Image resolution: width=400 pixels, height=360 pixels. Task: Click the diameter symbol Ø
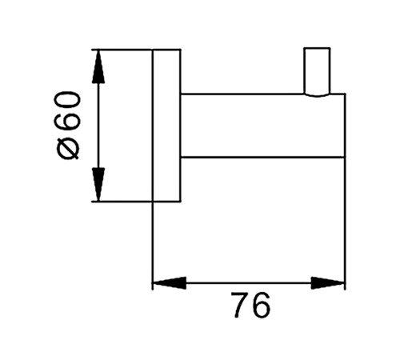[67, 148]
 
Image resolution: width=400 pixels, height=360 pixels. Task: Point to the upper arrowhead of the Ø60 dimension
[98, 66]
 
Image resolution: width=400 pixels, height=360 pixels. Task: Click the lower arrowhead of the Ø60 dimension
[98, 185]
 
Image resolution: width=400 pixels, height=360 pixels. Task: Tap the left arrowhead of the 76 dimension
[170, 283]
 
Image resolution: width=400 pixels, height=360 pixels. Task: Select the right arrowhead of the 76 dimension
[327, 283]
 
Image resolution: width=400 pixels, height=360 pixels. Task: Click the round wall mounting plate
[166, 126]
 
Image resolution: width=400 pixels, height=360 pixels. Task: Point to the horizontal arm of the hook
[262, 126]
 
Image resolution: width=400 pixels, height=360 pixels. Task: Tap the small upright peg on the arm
[317, 71]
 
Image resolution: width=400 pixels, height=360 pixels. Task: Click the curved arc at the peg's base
[317, 95]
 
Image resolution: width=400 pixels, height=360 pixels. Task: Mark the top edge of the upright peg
[317, 48]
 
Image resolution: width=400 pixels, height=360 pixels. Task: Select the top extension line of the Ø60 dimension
[122, 50]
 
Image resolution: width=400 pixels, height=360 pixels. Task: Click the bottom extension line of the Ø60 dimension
[122, 202]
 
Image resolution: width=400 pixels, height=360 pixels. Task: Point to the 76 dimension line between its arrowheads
[249, 283]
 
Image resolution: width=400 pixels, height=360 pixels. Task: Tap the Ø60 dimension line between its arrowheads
[98, 126]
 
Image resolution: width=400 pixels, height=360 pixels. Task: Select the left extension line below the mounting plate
[153, 246]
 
